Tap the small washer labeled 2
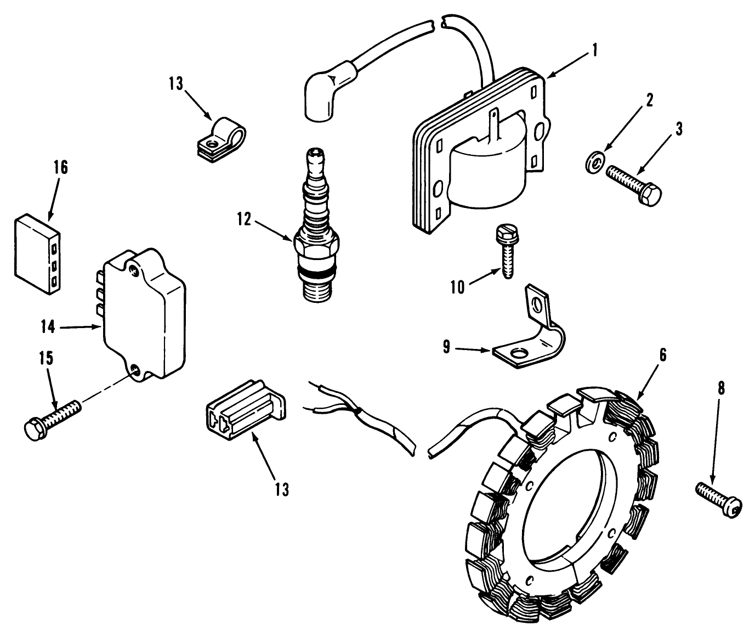(x=592, y=163)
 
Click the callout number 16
(x=61, y=167)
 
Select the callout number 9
(x=447, y=348)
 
